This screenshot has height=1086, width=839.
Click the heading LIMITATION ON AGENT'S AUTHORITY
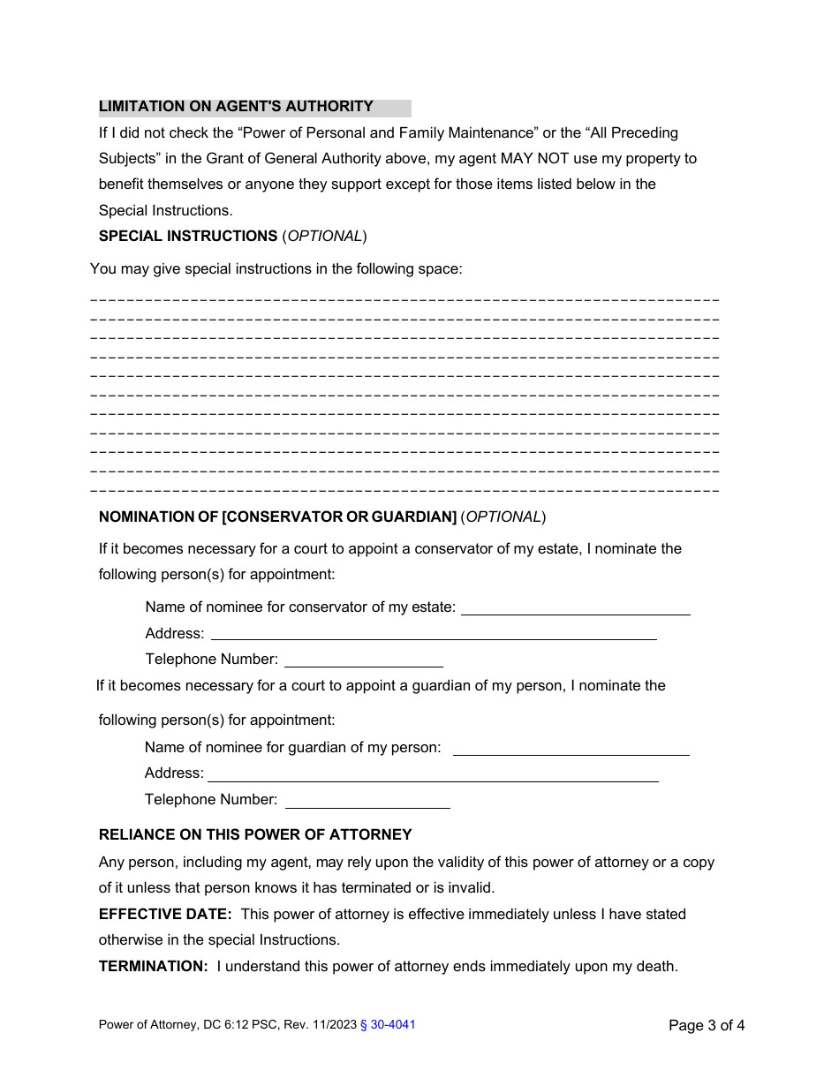tap(236, 107)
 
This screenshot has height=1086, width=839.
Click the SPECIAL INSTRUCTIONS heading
tap(188, 237)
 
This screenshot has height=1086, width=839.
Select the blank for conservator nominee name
tap(575, 608)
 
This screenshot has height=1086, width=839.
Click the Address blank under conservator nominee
tap(433, 634)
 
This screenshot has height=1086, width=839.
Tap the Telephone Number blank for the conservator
tap(363, 660)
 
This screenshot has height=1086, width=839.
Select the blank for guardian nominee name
tap(571, 749)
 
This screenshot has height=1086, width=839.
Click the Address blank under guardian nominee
tap(433, 774)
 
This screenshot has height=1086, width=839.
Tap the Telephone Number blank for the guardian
tap(367, 801)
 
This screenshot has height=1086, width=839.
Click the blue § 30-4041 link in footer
tap(388, 1025)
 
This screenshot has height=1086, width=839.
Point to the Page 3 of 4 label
tap(707, 1025)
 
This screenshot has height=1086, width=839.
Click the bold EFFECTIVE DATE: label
tap(165, 915)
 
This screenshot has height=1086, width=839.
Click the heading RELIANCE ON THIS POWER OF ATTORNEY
tap(255, 835)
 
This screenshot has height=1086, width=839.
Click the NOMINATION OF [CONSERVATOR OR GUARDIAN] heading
tap(277, 517)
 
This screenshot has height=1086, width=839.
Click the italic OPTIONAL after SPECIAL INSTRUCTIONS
tap(324, 237)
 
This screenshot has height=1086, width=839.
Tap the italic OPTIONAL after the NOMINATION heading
tap(503, 517)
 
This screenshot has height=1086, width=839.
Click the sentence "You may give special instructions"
tap(276, 269)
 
